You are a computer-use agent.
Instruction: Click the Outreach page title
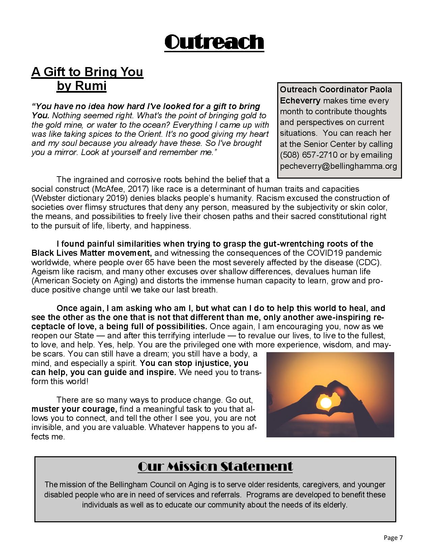(x=214, y=42)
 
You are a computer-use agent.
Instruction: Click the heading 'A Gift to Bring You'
(x=87, y=72)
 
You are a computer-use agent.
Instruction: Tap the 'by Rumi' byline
(x=82, y=86)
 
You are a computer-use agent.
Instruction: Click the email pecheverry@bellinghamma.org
(x=338, y=166)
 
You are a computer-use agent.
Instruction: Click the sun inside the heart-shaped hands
(x=326, y=402)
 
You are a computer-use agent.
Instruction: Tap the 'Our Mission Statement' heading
(x=215, y=467)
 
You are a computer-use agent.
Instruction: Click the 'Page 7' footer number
(x=393, y=538)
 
